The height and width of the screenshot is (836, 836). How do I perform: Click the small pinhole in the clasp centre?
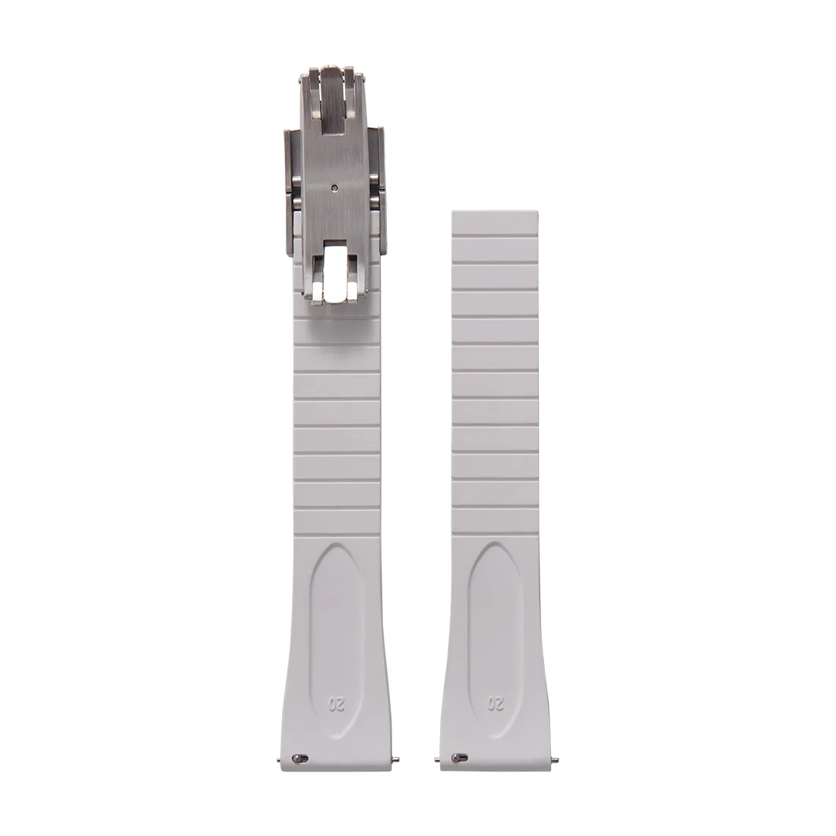coord(334,187)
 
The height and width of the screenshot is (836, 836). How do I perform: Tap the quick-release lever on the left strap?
coord(299,758)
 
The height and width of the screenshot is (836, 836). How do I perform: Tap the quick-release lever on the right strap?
coord(458,758)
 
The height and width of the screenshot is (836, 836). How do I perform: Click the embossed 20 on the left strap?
coord(337,705)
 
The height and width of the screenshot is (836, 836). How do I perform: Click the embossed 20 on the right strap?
coord(496,705)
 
